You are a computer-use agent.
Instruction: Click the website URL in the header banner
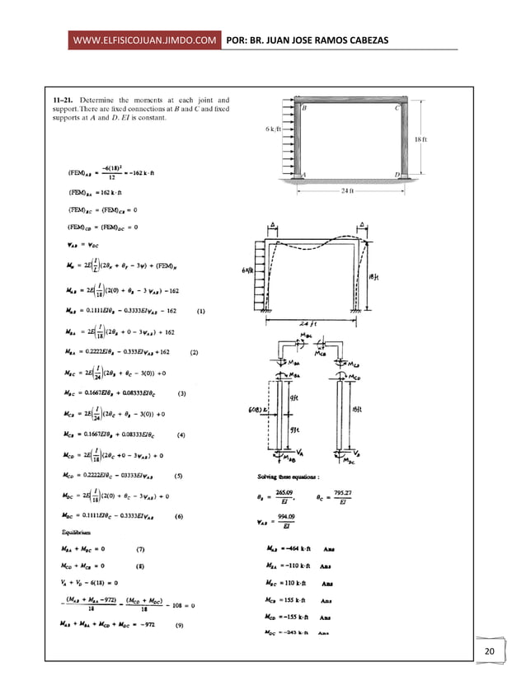pos(145,40)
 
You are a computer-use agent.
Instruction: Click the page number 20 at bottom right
pos(490,653)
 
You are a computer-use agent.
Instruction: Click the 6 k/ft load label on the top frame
pos(274,129)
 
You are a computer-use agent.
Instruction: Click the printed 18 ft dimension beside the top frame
pos(421,140)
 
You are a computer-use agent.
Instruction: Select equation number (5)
pos(179,476)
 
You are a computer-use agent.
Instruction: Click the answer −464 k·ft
pos(303,548)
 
